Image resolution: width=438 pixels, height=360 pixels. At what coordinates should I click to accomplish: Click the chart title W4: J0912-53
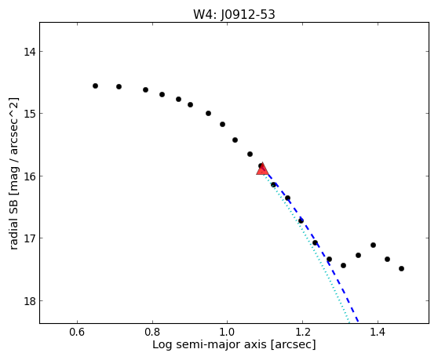pos(234,15)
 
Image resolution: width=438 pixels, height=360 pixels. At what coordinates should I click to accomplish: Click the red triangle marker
pos(262,169)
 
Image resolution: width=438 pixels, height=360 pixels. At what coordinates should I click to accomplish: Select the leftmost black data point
pos(95,85)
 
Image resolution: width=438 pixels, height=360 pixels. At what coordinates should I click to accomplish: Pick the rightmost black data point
pos(401,268)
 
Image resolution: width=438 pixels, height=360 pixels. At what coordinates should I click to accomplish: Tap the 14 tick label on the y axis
pos(30,52)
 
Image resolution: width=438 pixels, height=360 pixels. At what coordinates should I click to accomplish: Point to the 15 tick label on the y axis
pos(30,114)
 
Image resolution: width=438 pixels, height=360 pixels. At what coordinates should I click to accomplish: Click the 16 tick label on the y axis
pos(30,176)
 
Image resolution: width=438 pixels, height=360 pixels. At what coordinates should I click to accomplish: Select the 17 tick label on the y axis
pos(30,238)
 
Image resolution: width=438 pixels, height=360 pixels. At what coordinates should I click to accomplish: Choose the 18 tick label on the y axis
pos(30,301)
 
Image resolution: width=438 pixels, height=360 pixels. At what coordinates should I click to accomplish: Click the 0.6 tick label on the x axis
pos(77,332)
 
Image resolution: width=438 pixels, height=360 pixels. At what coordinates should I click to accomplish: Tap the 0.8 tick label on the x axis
pos(152,332)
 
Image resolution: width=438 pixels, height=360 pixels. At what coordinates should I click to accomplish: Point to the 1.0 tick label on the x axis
pos(228,332)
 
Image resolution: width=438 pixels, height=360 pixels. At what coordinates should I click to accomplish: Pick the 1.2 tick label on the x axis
pos(302,332)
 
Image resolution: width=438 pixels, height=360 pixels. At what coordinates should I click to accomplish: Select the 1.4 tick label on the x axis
pos(378,332)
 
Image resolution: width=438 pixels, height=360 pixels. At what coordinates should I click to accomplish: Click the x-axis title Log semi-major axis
pos(210,344)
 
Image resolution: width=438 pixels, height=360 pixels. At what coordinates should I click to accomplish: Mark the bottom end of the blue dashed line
pos(358,323)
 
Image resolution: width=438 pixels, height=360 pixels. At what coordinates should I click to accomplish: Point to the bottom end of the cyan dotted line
pos(349,323)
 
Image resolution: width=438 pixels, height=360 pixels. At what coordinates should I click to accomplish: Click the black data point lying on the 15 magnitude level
pos(208,113)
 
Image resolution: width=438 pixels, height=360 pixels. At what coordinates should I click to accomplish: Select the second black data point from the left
pos(119,86)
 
